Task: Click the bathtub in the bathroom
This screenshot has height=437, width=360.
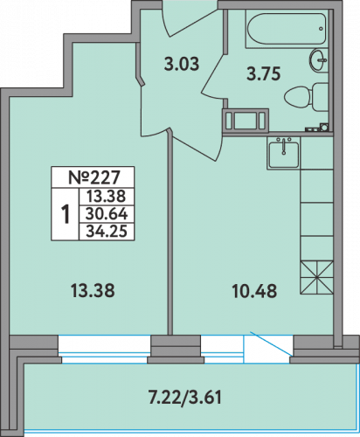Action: [x=287, y=29]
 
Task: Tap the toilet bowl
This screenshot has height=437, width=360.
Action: [x=298, y=97]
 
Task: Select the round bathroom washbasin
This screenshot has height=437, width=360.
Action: [x=318, y=60]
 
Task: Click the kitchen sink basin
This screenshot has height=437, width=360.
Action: [x=284, y=155]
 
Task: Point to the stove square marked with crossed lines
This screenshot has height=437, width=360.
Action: [x=316, y=277]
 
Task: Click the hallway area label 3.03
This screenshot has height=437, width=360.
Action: [x=182, y=65]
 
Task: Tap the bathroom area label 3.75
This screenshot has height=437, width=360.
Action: [x=263, y=73]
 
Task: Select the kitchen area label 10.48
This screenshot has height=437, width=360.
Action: [x=254, y=292]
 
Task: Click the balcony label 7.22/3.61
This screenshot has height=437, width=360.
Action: [x=185, y=397]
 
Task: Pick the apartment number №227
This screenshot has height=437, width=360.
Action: [x=93, y=177]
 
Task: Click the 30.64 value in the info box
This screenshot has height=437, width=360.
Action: [x=107, y=214]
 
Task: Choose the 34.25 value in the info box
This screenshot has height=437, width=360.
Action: [x=107, y=232]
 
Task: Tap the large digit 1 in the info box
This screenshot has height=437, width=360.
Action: [x=66, y=214]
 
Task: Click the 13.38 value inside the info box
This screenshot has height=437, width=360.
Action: [x=107, y=197]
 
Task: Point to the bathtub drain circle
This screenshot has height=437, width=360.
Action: [x=321, y=29]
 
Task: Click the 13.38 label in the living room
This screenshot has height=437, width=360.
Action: [x=93, y=291]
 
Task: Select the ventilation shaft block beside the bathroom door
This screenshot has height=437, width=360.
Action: [x=246, y=120]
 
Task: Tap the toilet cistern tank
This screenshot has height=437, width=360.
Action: [x=321, y=97]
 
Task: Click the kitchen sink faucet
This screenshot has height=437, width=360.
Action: [x=284, y=146]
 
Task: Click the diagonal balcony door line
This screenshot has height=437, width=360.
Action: [x=271, y=343]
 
